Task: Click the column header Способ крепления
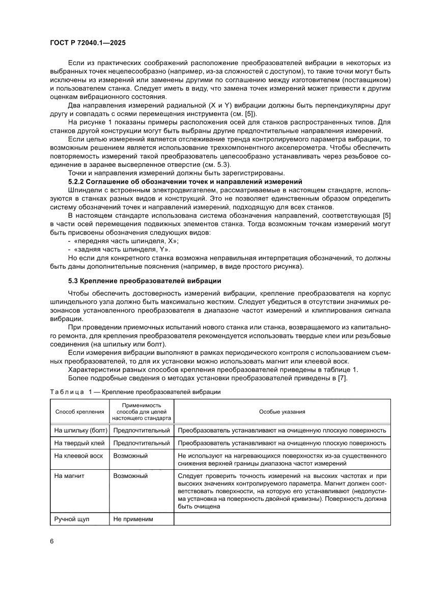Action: coord(79,411)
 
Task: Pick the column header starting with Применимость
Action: coord(141,411)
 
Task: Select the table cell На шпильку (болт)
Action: coord(79,430)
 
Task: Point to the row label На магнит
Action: coord(69,476)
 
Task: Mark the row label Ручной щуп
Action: coord(72,519)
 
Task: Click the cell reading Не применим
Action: coord(133,519)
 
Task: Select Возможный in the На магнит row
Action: coord(131,476)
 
